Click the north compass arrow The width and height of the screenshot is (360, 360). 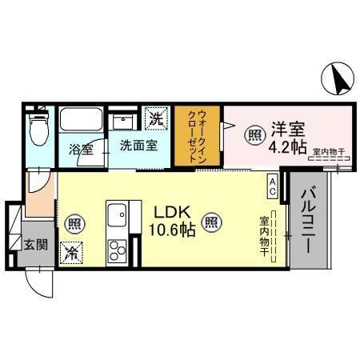[339, 78]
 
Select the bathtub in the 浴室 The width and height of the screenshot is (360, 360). [82, 122]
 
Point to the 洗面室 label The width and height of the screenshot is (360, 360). [138, 146]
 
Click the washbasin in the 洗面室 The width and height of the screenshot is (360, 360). [124, 121]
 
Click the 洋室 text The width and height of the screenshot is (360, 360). [289, 126]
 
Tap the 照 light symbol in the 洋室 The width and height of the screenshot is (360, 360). [253, 135]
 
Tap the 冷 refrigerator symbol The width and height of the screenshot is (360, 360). [72, 252]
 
